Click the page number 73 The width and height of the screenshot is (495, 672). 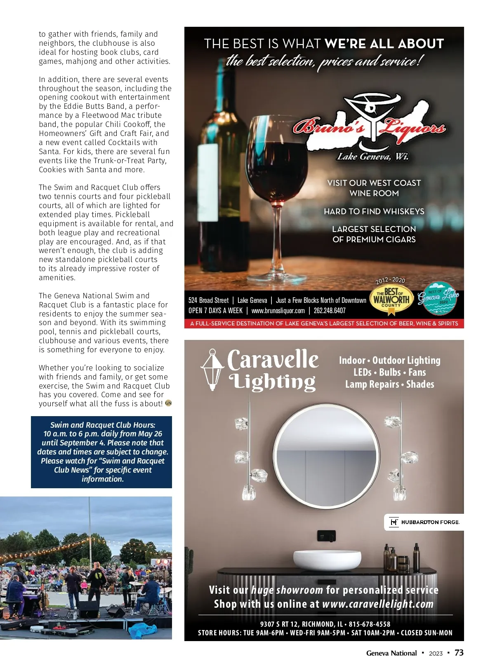[x=459, y=653]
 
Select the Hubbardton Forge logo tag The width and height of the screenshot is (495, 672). [x=424, y=522]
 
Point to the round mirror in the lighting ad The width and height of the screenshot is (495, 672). [x=326, y=455]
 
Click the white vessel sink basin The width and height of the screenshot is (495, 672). [x=327, y=560]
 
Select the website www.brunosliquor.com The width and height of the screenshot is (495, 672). [x=278, y=311]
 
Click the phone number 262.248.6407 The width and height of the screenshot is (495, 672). [x=330, y=311]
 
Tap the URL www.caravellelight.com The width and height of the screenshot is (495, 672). [x=377, y=604]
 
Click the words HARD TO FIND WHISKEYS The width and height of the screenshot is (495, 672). [x=374, y=211]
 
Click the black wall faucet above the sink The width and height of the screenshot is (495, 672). [x=326, y=536]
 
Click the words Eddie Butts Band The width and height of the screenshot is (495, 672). [x=93, y=106]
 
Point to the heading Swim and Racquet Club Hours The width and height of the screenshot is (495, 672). [x=103, y=425]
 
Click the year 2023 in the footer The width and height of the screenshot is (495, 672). [x=436, y=653]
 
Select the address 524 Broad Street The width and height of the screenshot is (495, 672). [x=208, y=300]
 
